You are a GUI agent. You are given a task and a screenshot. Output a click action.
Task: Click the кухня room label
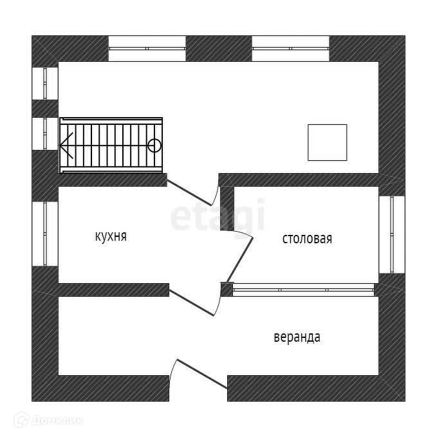click(110, 236)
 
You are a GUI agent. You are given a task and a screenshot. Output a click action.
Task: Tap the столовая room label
click(307, 239)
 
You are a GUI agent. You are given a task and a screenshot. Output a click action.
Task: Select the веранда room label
click(297, 337)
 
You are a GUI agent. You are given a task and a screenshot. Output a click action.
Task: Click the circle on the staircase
click(154, 145)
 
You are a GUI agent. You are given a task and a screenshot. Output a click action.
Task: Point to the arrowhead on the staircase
click(65, 145)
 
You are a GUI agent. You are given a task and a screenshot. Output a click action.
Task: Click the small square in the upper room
click(327, 142)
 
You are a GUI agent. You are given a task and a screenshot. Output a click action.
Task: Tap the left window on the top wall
click(147, 48)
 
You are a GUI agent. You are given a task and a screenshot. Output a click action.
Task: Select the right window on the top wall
click(290, 48)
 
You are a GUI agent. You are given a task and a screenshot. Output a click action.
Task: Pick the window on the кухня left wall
click(45, 234)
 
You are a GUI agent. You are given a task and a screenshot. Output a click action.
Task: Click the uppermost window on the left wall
click(45, 81)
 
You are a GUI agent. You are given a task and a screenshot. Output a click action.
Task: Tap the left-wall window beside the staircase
click(45, 134)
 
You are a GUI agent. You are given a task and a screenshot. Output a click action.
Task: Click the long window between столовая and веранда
click(303, 290)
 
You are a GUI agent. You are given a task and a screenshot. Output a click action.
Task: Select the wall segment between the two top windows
click(218, 48)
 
